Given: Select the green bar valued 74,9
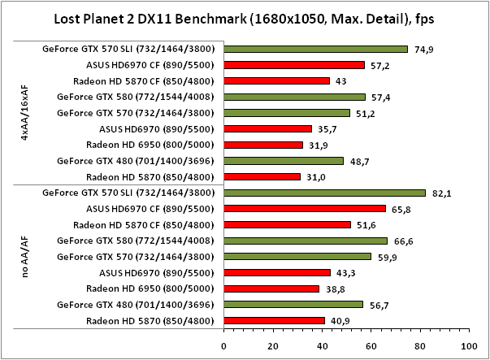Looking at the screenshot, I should tap(315, 49).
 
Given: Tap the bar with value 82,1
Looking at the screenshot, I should tap(324, 193).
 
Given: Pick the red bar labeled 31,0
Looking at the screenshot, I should tap(262, 176).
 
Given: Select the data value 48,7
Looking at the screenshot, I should tap(360, 161).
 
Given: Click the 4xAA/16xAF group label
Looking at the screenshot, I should tap(25, 112).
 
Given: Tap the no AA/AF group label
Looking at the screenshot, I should tap(25, 257).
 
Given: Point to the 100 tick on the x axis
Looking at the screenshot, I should tap(466, 345).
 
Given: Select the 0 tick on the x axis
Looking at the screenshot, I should tap(224, 345).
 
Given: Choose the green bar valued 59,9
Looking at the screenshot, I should tap(297, 257).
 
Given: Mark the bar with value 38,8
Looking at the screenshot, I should tap(271, 288).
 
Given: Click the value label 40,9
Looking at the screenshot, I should tap(341, 321).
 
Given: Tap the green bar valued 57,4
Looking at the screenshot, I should tap(294, 97).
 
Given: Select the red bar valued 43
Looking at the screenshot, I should tap(276, 80).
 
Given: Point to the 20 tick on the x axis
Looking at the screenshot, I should tap(273, 345).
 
